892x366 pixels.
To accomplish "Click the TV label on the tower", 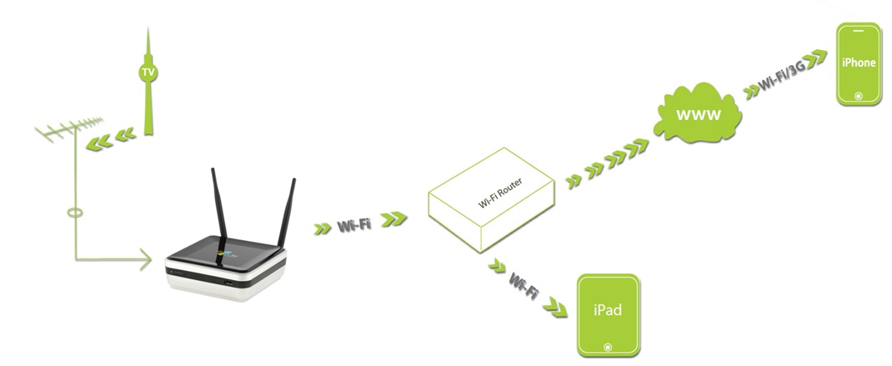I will [x=148, y=74].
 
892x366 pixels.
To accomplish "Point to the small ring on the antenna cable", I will [x=75, y=213].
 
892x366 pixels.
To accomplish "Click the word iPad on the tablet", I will [x=608, y=311].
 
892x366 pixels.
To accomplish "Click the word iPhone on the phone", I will [x=859, y=62].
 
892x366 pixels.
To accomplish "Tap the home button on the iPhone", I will [x=859, y=96].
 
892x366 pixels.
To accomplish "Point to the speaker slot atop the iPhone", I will [x=859, y=31].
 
